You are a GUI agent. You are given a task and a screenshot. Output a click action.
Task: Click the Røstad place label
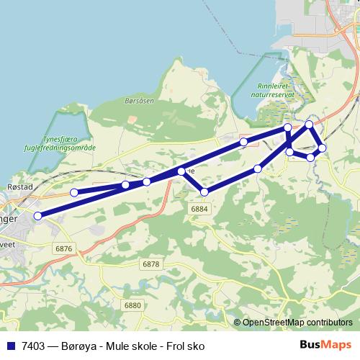19,186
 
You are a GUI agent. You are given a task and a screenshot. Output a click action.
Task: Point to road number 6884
199,208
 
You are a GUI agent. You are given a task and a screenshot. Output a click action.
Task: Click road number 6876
63,248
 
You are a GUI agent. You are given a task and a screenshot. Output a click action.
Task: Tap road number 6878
150,264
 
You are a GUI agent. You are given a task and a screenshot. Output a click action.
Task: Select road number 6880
133,305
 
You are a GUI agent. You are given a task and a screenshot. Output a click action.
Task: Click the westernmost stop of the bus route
37,215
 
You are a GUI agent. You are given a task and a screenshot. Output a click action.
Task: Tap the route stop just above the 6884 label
204,192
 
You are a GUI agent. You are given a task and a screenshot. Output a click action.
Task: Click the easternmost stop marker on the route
322,148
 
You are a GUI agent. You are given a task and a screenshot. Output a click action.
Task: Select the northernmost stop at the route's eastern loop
309,125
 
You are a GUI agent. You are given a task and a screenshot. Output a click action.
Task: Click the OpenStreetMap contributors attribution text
297,323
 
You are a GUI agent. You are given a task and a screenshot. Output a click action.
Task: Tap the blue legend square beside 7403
11,346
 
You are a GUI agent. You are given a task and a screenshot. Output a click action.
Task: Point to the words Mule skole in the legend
130,346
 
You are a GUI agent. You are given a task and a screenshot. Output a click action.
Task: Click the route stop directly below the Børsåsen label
146,181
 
